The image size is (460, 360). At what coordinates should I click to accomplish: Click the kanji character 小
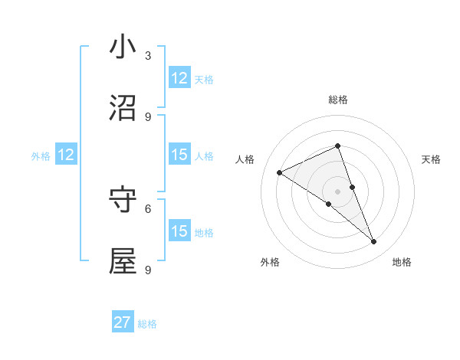tap(123, 47)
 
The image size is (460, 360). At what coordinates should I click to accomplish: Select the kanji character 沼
tap(123, 109)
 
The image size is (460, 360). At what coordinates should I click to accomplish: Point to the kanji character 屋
tap(123, 261)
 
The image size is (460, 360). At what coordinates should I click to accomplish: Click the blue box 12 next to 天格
tap(179, 78)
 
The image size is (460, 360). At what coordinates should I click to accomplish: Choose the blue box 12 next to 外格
tap(66, 155)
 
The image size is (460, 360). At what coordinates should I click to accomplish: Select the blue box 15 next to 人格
tap(179, 155)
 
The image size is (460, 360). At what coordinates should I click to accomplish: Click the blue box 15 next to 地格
tap(179, 231)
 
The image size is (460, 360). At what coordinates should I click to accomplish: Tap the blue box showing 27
tap(123, 322)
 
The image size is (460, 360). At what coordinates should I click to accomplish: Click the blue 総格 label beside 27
tap(147, 324)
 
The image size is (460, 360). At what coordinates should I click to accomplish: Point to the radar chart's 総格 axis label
tap(338, 100)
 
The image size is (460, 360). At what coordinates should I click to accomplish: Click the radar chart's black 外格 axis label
tap(270, 262)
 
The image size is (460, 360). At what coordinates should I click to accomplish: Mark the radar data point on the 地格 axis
tap(374, 241)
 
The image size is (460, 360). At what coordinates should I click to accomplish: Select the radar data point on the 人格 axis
tap(280, 172)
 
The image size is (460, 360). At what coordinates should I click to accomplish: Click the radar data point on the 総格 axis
tap(337, 146)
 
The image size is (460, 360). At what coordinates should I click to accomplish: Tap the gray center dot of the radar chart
tap(337, 191)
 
